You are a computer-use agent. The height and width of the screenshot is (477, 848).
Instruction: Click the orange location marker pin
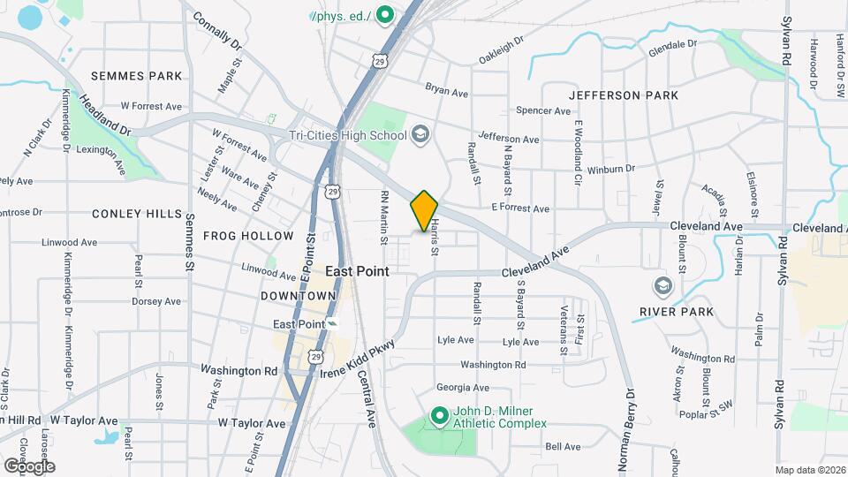pos(424,210)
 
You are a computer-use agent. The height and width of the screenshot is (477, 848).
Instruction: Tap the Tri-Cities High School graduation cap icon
pos(420,135)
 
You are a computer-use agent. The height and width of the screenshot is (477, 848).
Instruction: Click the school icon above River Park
pos(662,286)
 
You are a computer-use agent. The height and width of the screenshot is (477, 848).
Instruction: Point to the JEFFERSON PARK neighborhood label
pos(624,95)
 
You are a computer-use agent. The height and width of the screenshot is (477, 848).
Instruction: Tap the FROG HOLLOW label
pos(248,236)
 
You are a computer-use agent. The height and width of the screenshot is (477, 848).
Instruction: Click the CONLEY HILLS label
pos(137,214)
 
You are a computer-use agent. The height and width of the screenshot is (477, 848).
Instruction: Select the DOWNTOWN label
pos(298,295)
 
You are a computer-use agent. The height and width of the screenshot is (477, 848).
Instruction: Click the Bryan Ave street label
pos(445,88)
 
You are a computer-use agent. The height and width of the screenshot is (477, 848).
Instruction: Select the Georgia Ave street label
pos(462,388)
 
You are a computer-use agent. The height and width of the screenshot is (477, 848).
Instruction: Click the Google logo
pos(28,466)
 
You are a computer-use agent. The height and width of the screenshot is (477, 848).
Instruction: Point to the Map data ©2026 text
pos(809,470)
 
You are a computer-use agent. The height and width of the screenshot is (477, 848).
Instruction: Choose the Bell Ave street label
pos(563,447)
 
